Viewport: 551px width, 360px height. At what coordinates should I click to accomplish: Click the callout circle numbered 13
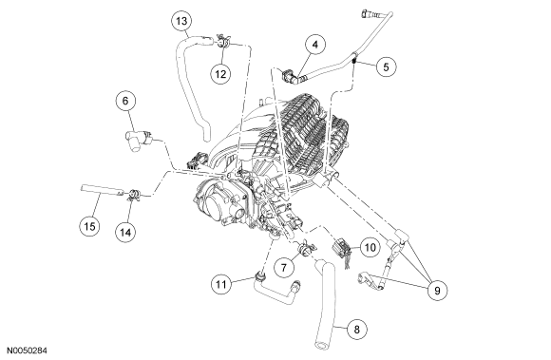(x=181, y=21)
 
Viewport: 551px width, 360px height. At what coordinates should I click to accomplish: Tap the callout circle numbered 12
(x=220, y=74)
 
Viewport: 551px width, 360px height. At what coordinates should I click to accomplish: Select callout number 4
(x=315, y=45)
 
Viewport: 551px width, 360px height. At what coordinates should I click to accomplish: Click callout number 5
(x=386, y=66)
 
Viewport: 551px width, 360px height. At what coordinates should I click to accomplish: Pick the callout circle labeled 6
(x=125, y=101)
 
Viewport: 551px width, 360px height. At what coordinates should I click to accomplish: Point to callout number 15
(x=89, y=226)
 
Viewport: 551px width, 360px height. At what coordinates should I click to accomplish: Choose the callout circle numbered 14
(x=125, y=232)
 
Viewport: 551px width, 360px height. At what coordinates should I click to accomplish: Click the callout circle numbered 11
(x=221, y=284)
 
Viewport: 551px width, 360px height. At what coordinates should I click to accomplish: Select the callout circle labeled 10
(x=370, y=248)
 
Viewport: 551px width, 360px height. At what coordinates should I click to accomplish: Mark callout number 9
(x=437, y=291)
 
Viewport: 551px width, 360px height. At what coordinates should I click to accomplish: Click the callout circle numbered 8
(x=356, y=330)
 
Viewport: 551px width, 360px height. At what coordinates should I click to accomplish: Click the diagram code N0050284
(x=28, y=351)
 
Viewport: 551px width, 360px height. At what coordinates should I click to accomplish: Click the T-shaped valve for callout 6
(x=139, y=141)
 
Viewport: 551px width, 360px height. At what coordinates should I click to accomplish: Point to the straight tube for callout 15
(x=103, y=190)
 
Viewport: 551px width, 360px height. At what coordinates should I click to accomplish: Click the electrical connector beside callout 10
(x=340, y=248)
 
